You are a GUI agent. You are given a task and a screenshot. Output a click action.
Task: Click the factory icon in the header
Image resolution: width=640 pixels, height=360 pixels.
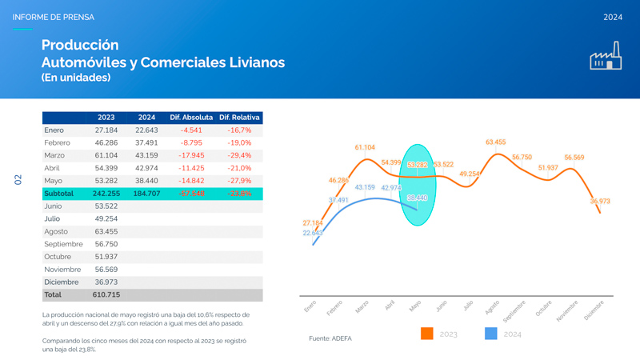pyautogui.click(x=606, y=56)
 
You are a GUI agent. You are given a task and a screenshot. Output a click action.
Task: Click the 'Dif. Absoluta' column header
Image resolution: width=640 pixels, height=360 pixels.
pyautogui.click(x=191, y=118)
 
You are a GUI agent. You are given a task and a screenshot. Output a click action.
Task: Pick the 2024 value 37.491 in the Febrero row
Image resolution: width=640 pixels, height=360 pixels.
pyautogui.click(x=146, y=142)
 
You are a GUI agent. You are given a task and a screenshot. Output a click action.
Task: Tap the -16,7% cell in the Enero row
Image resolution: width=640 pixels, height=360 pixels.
pyautogui.click(x=239, y=130)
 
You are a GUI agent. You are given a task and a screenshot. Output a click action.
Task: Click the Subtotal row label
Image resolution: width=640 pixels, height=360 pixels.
pyautogui.click(x=59, y=194)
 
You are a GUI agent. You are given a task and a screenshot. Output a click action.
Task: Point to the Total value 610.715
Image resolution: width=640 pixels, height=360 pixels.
pyautogui.click(x=106, y=295)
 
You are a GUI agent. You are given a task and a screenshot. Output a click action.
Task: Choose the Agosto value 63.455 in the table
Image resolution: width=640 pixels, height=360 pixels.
pyautogui.click(x=106, y=231)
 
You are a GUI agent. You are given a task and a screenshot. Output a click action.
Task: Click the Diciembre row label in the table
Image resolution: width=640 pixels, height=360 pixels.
pyautogui.click(x=62, y=282)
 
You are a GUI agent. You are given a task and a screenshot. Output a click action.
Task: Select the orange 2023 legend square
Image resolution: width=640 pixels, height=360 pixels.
pyautogui.click(x=427, y=334)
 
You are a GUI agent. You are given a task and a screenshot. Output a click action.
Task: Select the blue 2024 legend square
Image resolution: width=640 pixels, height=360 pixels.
pyautogui.click(x=491, y=334)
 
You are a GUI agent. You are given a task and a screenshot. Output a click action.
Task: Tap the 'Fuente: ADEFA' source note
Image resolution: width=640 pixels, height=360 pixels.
pyautogui.click(x=330, y=339)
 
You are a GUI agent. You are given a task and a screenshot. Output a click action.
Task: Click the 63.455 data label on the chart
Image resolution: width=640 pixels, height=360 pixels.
pyautogui.click(x=495, y=142)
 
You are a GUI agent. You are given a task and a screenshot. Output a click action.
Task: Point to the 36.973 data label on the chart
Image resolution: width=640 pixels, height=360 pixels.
pyautogui.click(x=600, y=202)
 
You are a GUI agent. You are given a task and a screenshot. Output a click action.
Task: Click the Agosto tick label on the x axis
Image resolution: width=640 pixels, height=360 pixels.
pyautogui.click(x=492, y=307)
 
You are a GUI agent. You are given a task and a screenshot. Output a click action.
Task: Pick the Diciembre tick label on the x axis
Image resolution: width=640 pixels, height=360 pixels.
pyautogui.click(x=594, y=310)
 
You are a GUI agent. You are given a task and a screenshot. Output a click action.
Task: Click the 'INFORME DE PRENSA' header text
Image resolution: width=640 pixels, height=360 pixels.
pyautogui.click(x=53, y=17)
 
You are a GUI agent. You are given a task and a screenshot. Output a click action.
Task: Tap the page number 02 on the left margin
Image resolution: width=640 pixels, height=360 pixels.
pyautogui.click(x=18, y=180)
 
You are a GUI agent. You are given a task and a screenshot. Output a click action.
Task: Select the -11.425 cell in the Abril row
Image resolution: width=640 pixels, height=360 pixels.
pyautogui.click(x=191, y=168)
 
